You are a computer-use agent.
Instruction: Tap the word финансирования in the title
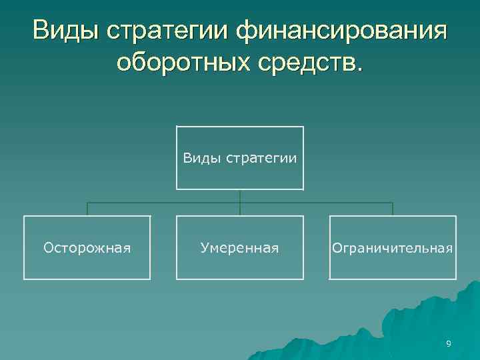point(342,31)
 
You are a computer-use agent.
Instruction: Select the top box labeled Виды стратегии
point(240,158)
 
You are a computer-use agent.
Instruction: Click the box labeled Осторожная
point(87,247)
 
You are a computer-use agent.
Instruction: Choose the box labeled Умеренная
point(240,247)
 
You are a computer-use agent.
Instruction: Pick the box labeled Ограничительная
point(393,247)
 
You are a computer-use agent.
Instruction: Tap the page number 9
point(449,343)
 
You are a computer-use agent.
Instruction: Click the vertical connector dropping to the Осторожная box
point(87,209)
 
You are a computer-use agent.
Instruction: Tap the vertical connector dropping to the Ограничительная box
point(393,209)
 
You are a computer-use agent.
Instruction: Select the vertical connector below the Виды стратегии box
point(240,196)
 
